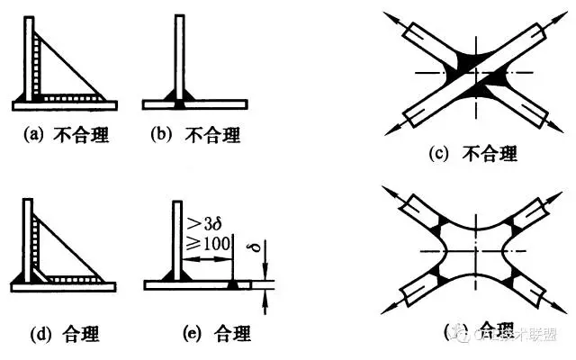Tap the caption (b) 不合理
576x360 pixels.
pyautogui.click(x=196, y=137)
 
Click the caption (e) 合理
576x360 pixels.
pyautogui.click(x=196, y=336)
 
